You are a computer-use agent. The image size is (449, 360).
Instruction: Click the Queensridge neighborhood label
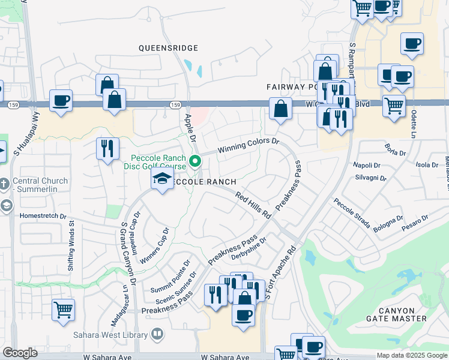(x=168, y=47)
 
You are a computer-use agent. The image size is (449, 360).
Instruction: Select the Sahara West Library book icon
(x=157, y=333)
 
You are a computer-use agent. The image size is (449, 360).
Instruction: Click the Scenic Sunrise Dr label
(x=176, y=288)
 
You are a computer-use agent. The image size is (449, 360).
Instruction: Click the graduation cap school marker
(x=161, y=179)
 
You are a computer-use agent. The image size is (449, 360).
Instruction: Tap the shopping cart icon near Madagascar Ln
(x=63, y=310)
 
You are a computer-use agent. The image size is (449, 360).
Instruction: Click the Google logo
(x=20, y=353)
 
